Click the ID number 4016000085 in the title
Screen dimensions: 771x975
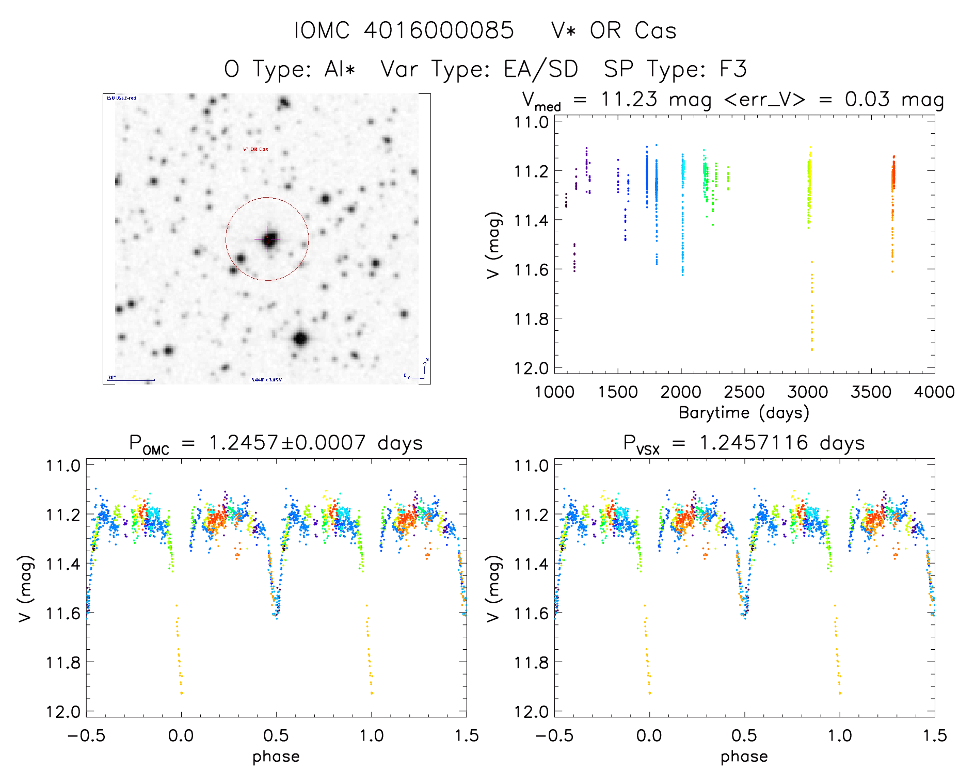coord(439,30)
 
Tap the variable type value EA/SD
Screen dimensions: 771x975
coord(540,69)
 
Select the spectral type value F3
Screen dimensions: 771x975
coord(733,69)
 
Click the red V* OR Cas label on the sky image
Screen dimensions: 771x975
coord(255,149)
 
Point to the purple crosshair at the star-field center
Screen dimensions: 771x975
coord(268,239)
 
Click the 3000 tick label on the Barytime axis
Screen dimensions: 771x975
coord(808,392)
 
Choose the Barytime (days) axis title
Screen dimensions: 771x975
coord(744,412)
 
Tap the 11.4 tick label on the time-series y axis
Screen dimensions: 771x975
coord(531,220)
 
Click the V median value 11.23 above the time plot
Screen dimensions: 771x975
coord(629,99)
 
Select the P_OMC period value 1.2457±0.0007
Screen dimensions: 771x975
coord(287,443)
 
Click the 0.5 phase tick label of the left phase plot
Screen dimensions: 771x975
coord(276,735)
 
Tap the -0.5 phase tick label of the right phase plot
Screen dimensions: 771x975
coord(554,735)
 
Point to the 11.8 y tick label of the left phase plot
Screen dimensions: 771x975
coord(63,662)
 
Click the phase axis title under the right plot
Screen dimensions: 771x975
coord(744,757)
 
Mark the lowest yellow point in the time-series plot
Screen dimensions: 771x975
coord(812,349)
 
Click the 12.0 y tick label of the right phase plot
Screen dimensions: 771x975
coord(531,712)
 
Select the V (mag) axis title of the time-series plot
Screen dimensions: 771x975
coord(494,245)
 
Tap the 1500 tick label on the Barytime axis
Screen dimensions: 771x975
coord(618,392)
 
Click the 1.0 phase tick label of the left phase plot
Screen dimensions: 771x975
coord(372,735)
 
